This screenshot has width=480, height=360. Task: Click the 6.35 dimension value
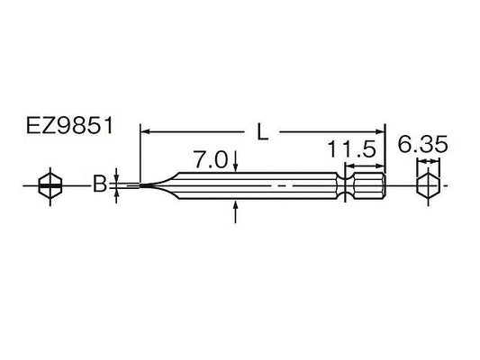tap(423, 144)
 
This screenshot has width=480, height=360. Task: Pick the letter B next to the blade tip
tap(102, 186)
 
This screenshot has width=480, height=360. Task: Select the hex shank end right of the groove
tap(369, 187)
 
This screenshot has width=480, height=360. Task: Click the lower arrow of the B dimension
tap(117, 196)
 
